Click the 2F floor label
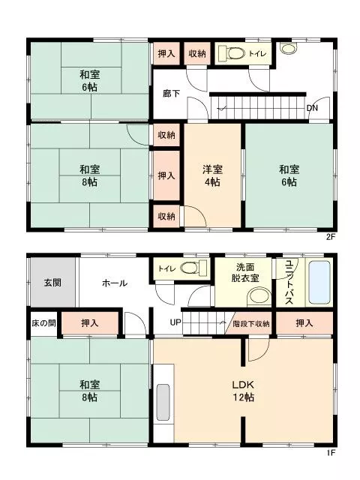coord(331,237)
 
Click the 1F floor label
coord(331,452)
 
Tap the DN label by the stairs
coord(312,108)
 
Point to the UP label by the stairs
coord(175,322)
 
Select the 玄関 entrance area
coord(52,282)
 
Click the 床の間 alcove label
coord(43,323)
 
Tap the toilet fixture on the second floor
coord(232,54)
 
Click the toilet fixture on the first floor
coord(193,268)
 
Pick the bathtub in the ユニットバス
coord(319,282)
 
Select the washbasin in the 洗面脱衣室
coord(259,297)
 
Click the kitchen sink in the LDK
coord(163,402)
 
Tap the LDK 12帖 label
coord(243,391)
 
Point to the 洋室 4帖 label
coord(212,175)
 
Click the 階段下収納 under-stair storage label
coord(251,323)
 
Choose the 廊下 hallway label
coord(172,93)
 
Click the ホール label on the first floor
coord(115,283)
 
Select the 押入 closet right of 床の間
coord(90,323)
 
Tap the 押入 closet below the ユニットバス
coord(304,323)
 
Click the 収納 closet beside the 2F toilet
coord(197,53)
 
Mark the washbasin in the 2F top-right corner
coord(289,49)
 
